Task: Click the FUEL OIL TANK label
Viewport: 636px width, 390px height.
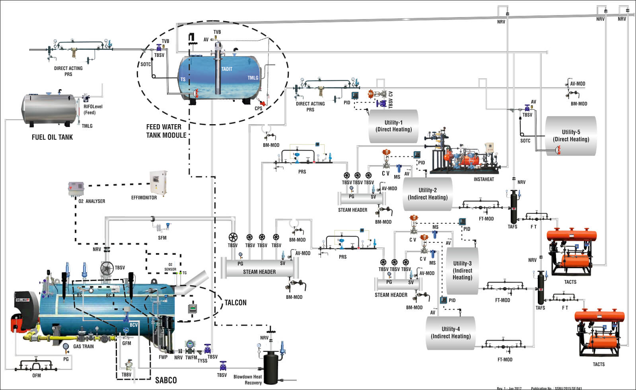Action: (52, 137)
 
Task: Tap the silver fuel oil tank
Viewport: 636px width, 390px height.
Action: (49, 109)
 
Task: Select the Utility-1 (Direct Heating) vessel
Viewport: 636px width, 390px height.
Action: (393, 126)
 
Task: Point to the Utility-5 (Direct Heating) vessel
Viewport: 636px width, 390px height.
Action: (571, 136)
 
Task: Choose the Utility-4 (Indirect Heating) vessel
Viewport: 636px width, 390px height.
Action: (450, 333)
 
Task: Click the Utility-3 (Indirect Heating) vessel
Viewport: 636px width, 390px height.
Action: (462, 271)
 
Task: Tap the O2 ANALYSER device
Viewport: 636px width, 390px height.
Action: (76, 189)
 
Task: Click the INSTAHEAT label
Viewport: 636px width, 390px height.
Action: (484, 179)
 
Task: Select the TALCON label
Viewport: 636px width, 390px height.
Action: (235, 303)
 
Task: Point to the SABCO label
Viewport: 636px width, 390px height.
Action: (166, 380)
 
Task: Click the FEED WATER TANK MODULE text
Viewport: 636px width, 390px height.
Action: (166, 131)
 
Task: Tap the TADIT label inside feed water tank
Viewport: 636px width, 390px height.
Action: (227, 69)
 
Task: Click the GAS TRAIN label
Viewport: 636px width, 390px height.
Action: (84, 347)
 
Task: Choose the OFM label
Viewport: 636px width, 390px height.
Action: (37, 375)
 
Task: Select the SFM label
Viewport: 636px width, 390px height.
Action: (162, 238)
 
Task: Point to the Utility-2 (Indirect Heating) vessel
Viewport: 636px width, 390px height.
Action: (428, 194)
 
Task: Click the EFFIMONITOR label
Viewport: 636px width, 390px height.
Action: (144, 198)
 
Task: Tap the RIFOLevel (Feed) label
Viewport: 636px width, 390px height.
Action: (93, 109)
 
